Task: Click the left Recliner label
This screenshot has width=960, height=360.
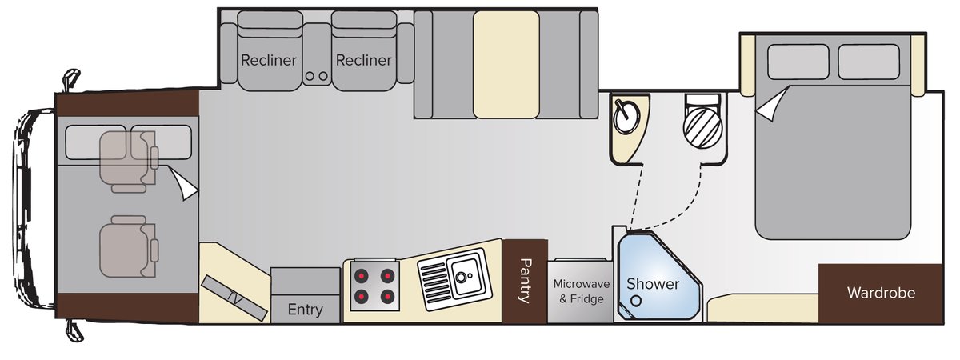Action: point(269,60)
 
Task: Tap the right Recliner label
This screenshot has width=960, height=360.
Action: point(364,60)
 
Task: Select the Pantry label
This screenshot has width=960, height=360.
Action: point(525,281)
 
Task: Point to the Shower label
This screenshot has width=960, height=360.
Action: point(653,284)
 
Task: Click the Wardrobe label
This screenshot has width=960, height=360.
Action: point(881,293)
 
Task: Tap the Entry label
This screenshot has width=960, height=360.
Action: point(305,310)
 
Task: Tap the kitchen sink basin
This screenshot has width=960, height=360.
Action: point(463,277)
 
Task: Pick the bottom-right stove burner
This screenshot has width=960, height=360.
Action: point(388,298)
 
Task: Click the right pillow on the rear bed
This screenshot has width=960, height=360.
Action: point(869,62)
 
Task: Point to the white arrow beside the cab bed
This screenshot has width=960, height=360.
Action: point(185,186)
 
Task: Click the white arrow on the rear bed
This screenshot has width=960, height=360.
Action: point(769,106)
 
